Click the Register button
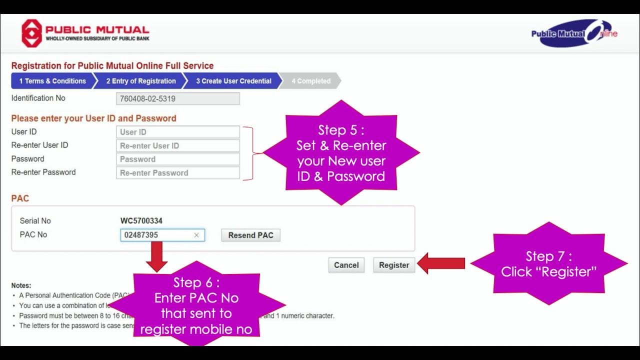pyautogui.click(x=394, y=265)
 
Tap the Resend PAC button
pyautogui.click(x=250, y=235)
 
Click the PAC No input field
pyautogui.click(x=155, y=235)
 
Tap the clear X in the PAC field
pyautogui.click(x=196, y=235)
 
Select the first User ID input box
pyautogui.click(x=177, y=132)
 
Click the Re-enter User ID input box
pyautogui.click(x=177, y=145)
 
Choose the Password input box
pyautogui.click(x=177, y=159)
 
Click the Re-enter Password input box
pyautogui.click(x=177, y=172)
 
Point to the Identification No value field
pyautogui.click(x=177, y=98)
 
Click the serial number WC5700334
pyautogui.click(x=141, y=220)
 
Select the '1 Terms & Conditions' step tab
pyautogui.click(x=52, y=81)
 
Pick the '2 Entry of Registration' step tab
pyautogui.click(x=140, y=81)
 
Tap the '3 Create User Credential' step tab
pyautogui.click(x=233, y=81)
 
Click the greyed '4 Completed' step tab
pyautogui.click(x=310, y=81)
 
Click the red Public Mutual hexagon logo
pyautogui.click(x=31, y=33)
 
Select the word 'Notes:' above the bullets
pyautogui.click(x=21, y=285)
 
